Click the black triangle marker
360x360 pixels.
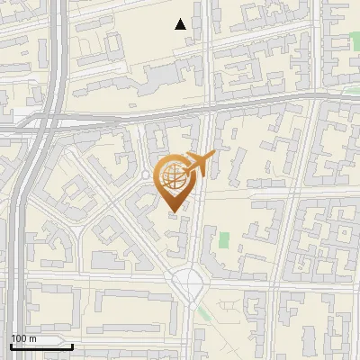tap(181, 24)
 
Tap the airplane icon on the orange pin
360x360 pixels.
tap(200, 164)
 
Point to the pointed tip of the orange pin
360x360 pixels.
tap(174, 211)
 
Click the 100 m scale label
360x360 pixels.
tap(23, 338)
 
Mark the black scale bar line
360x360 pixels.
tap(41, 346)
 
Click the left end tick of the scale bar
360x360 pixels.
tap(11, 344)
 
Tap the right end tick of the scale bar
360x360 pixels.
tap(72, 344)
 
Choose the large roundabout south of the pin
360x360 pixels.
tap(190, 283)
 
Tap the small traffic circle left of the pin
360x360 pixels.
tap(145, 175)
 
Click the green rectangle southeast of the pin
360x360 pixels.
tap(223, 240)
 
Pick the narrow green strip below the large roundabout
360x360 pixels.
tap(204, 312)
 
